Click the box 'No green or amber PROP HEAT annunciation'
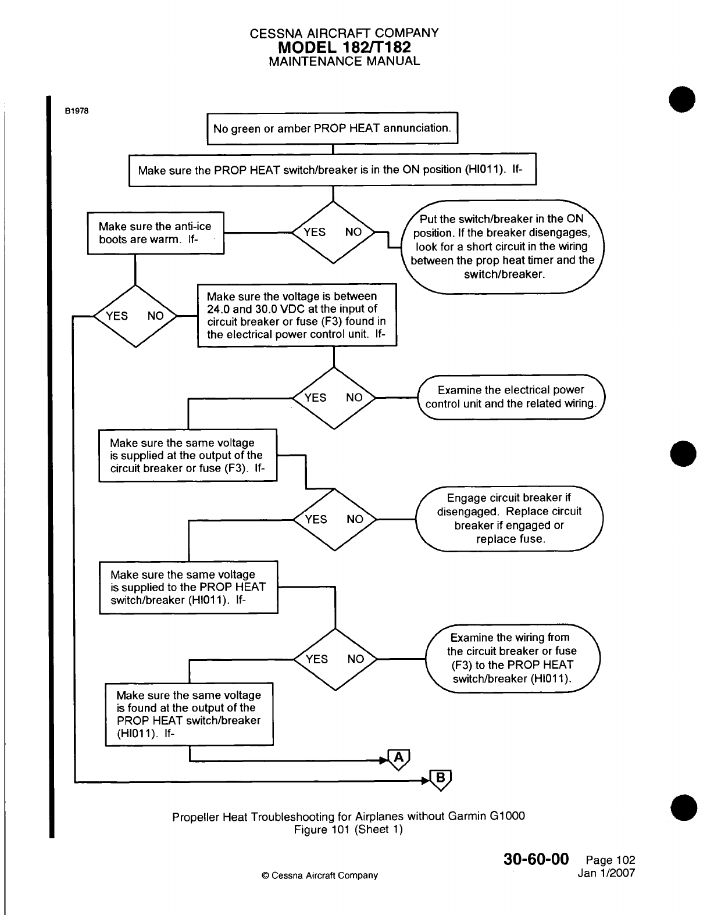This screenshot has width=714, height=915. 333,128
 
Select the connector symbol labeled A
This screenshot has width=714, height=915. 399,759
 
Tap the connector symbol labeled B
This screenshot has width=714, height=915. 441,779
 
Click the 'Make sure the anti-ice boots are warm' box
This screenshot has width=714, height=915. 155,233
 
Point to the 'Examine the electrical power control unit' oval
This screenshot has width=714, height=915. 511,397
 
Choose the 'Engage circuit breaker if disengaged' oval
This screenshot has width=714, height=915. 509,518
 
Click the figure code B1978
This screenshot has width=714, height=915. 77,111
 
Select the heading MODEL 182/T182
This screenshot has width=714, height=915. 344,47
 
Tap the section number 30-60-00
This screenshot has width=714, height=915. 535,859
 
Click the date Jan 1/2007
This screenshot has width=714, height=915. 606,873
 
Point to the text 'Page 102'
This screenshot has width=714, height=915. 611,860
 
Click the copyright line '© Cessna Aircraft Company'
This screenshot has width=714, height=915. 320,875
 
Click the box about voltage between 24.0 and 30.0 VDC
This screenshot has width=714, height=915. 297,315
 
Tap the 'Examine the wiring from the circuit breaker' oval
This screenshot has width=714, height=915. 512,658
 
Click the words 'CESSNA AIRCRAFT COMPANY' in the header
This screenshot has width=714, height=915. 344,33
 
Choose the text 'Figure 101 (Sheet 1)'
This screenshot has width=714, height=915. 348,830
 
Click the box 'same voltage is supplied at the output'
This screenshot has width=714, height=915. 188,455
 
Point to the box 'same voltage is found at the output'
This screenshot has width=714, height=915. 189,714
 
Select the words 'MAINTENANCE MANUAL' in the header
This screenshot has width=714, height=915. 344,61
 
